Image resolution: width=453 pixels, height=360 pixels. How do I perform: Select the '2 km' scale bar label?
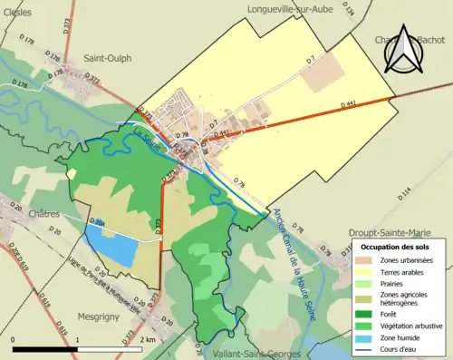click(x=148, y=339)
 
